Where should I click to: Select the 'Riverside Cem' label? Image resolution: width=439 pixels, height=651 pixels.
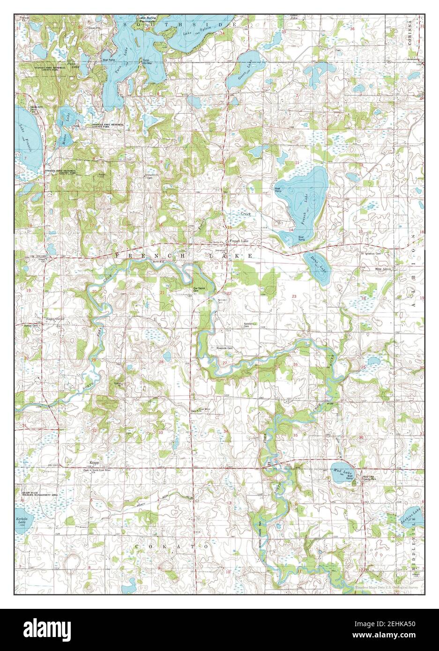point(224,348)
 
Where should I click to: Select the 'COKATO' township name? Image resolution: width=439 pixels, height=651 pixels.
point(171,547)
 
